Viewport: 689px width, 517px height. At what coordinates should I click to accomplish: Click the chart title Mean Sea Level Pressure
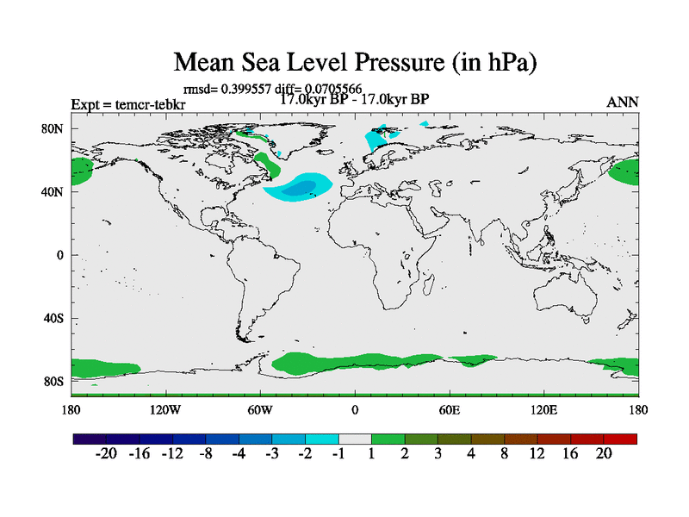(x=344, y=62)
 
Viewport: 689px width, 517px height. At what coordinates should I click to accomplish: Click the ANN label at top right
(x=623, y=102)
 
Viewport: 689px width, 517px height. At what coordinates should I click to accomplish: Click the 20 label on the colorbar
(x=603, y=455)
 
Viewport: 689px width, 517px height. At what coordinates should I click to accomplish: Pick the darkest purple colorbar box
(x=90, y=439)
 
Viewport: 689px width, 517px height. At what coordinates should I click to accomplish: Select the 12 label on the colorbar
(x=537, y=455)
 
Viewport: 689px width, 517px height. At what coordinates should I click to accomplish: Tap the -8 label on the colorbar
(x=205, y=455)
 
